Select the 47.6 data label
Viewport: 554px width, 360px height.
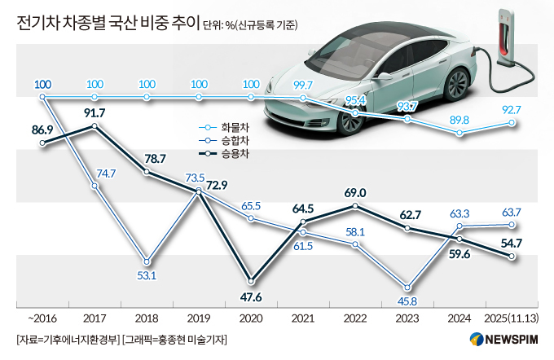pyautogui.click(x=251, y=296)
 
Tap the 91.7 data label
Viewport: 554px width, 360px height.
pyautogui.click(x=95, y=111)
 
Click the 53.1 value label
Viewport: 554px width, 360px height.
pyautogui.click(x=147, y=276)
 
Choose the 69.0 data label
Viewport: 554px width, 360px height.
pyautogui.click(x=355, y=192)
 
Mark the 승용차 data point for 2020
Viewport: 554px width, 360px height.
pyautogui.click(x=251, y=279)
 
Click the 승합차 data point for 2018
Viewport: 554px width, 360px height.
pyautogui.click(x=147, y=261)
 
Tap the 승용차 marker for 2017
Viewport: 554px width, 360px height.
pyautogui.click(x=95, y=126)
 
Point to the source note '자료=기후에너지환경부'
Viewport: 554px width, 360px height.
pyautogui.click(x=67, y=340)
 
